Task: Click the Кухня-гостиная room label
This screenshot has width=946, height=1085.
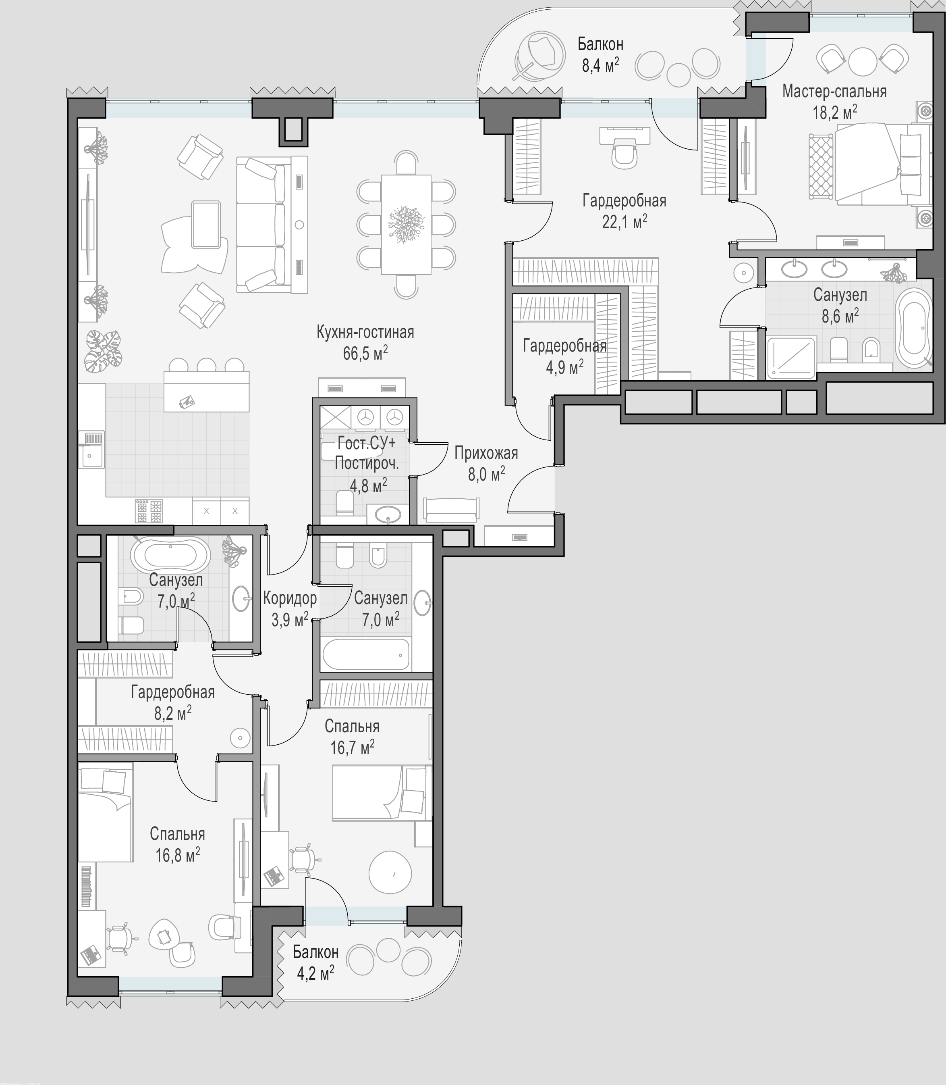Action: [x=365, y=332]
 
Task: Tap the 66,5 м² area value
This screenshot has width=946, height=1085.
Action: [x=365, y=353]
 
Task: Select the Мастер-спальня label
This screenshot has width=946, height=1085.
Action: [x=834, y=92]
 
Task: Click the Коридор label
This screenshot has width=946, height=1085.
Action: [x=290, y=598]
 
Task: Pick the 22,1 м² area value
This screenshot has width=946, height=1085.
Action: [x=624, y=221]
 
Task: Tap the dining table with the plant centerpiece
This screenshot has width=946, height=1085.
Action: [x=406, y=225]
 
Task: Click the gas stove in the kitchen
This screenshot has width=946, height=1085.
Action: [x=149, y=511]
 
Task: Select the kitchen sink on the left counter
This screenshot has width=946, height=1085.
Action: [x=91, y=449]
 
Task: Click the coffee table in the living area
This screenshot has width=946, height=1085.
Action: [x=206, y=225]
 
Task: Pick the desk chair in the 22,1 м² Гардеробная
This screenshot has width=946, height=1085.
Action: [x=625, y=154]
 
